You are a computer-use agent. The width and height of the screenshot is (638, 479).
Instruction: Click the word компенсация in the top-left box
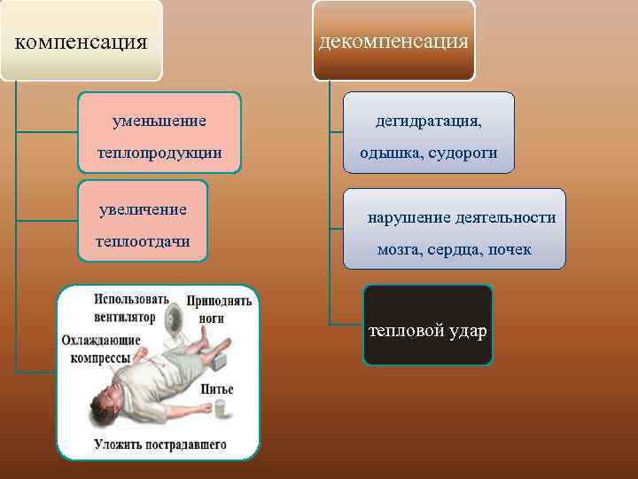coord(82,42)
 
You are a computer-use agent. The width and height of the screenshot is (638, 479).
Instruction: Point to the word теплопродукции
coord(160,153)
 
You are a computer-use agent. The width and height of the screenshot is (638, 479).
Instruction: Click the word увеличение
coord(143,209)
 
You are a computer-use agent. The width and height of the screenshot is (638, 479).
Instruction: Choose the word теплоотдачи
coord(143,241)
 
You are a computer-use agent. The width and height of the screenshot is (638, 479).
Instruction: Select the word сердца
coord(454,250)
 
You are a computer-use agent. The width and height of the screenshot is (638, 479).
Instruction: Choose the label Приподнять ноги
coord(218,308)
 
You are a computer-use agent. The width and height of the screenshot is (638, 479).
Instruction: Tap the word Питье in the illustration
coord(217,389)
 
